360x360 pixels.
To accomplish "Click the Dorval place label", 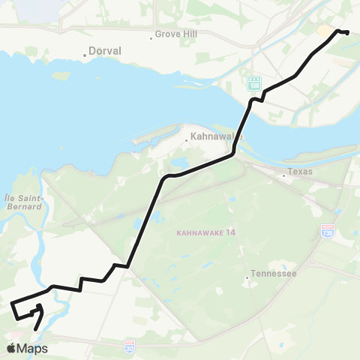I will point(106,51).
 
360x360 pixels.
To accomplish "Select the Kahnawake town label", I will point(214,137).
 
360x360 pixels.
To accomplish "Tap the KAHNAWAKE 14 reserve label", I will point(206,232).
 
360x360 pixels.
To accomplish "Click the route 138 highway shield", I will point(254,82).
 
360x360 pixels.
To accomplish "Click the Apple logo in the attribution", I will point(12,348).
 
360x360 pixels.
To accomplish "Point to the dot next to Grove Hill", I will point(151,35).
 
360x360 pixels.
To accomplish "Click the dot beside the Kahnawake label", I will point(187,139).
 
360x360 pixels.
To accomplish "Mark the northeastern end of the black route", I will point(348,31).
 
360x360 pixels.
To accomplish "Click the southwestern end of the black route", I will point(35,328).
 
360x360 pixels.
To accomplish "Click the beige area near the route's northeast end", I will point(326,31).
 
